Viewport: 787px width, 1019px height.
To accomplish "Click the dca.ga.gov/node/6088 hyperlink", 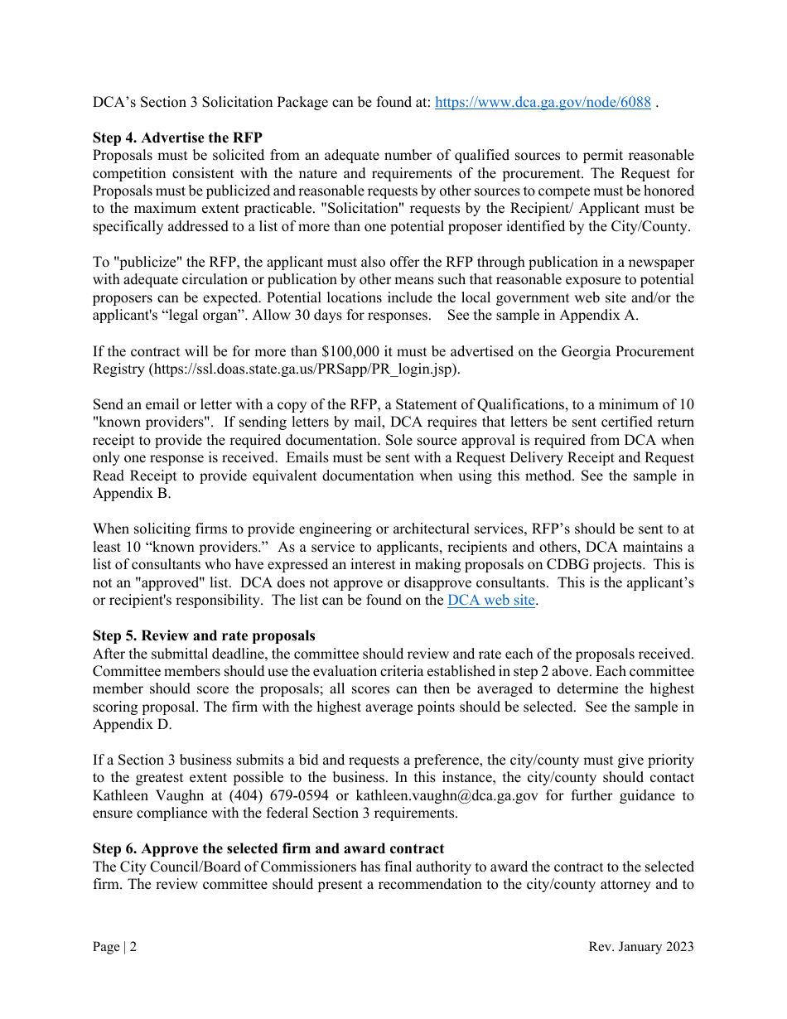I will pyautogui.click(x=543, y=103).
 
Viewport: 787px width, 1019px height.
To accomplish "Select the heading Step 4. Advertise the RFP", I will pyautogui.click(x=177, y=138).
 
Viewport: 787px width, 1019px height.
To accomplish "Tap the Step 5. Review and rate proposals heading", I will pyautogui.click(x=204, y=635).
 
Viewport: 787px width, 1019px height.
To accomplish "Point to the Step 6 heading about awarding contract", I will pyautogui.click(x=268, y=848).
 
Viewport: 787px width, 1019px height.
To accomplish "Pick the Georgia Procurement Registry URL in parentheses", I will pyautogui.click(x=303, y=369).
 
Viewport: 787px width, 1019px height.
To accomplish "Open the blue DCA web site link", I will pyautogui.click(x=490, y=601).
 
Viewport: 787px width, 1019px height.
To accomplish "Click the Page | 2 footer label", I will pyautogui.click(x=114, y=947).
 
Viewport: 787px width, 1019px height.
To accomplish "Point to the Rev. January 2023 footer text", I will pyautogui.click(x=640, y=947).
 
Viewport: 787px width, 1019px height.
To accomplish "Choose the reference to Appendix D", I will pyautogui.click(x=132, y=725).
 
